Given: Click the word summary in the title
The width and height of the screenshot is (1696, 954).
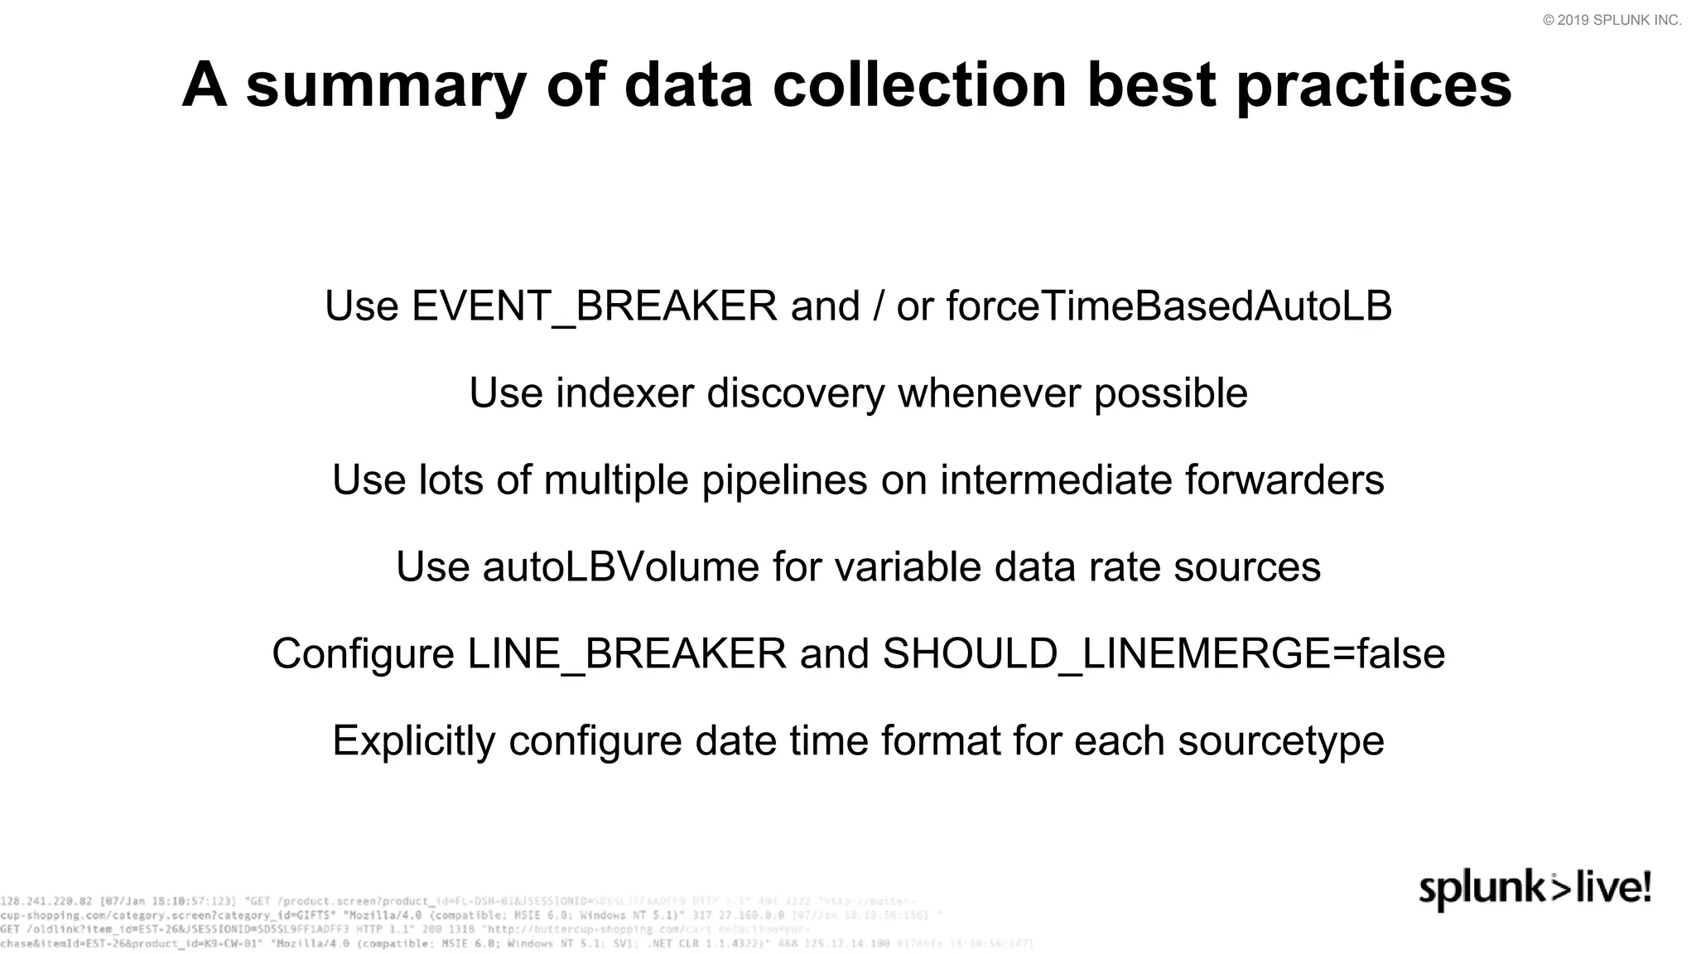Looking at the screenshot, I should [x=386, y=86].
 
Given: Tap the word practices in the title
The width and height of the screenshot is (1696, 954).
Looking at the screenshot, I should [x=1374, y=86].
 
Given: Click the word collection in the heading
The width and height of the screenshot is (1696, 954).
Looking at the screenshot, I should [x=920, y=86].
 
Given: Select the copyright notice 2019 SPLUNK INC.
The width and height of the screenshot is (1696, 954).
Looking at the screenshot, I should [x=1612, y=21].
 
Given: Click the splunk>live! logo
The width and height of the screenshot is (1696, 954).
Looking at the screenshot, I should [x=1535, y=890].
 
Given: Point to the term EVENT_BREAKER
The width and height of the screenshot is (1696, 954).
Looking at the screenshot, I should [x=594, y=306].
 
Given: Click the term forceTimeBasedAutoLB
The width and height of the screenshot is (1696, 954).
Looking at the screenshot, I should [x=1168, y=306].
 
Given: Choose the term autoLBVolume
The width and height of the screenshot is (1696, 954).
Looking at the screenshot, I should [x=620, y=567].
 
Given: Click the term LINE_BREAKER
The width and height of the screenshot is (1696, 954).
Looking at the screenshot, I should [x=626, y=654].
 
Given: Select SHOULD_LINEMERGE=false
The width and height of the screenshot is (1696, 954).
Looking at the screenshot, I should [x=1164, y=654].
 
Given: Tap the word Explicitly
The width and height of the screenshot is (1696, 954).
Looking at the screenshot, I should [x=413, y=741].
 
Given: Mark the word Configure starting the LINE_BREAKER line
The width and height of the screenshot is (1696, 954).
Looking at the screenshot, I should [x=363, y=654].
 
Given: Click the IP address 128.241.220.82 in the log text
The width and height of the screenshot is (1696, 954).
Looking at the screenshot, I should [x=46, y=901].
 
